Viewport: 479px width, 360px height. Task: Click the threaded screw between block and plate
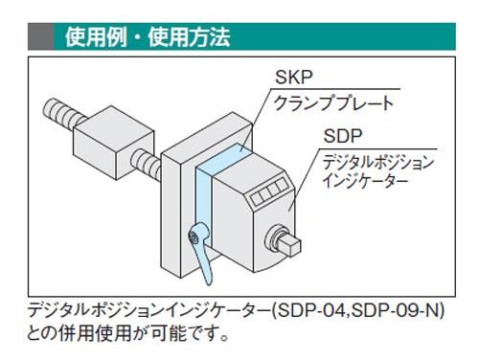click(x=147, y=162)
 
